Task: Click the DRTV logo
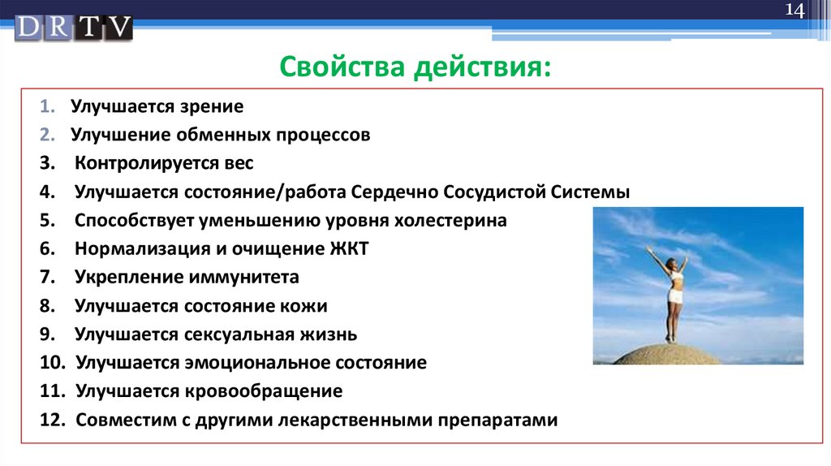tap(73, 28)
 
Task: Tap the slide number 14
tap(794, 10)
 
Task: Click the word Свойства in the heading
tap(342, 67)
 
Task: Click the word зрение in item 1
tap(212, 106)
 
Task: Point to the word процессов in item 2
tap(322, 136)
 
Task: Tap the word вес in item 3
tap(239, 163)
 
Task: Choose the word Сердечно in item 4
tap(394, 192)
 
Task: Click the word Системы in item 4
tap(590, 192)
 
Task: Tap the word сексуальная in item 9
tap(239, 334)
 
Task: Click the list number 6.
tap(47, 248)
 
